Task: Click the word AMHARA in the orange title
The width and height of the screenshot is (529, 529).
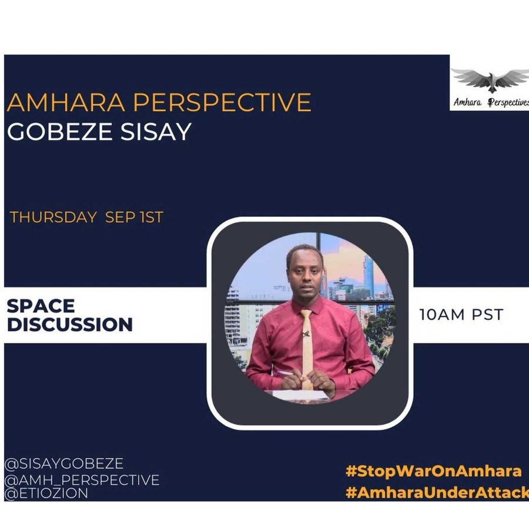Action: [x=66, y=102]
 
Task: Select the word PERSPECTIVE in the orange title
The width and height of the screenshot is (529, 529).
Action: [x=222, y=102]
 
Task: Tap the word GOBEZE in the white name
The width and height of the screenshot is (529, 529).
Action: [x=60, y=132]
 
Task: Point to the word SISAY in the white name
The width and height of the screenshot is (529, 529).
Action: [x=156, y=132]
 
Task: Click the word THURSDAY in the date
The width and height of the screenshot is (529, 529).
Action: [x=53, y=217]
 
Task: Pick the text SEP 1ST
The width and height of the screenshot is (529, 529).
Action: [x=134, y=217]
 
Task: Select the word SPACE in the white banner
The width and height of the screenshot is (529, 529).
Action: [x=41, y=306]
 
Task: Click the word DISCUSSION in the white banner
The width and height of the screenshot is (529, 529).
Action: [x=70, y=324]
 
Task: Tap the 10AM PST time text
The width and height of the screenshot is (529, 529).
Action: [x=461, y=315]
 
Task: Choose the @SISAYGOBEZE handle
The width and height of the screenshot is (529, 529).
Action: [x=64, y=464]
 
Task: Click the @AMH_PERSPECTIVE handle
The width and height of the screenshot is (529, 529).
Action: [x=82, y=480]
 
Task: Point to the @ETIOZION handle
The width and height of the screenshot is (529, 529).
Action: [x=46, y=493]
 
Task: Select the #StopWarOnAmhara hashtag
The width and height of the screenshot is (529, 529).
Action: [x=434, y=471]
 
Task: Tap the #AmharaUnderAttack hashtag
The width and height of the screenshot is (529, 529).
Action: [x=437, y=493]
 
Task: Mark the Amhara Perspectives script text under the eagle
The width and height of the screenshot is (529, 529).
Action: [x=491, y=102]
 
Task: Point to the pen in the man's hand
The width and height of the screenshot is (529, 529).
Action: [x=286, y=373]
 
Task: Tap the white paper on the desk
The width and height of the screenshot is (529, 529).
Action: [x=300, y=395]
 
